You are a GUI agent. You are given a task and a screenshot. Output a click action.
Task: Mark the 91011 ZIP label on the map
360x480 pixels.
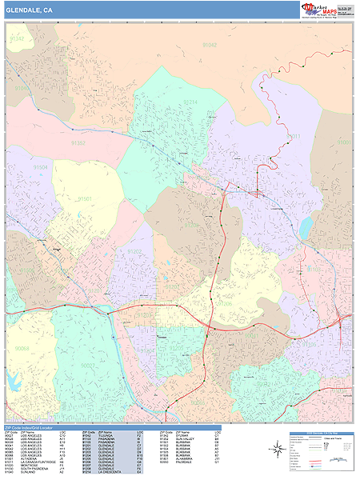click(x=343, y=142)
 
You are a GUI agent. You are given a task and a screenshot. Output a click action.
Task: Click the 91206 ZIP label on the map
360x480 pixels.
click(x=225, y=304)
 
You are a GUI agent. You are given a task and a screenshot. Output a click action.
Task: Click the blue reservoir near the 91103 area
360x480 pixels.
click(x=306, y=227)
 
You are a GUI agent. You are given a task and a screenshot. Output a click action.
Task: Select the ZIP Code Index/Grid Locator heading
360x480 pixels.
click(x=36, y=429)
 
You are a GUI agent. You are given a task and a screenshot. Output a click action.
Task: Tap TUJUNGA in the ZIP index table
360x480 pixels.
click(x=108, y=437)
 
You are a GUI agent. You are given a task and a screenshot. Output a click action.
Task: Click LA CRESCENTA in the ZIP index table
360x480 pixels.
click(x=112, y=474)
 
